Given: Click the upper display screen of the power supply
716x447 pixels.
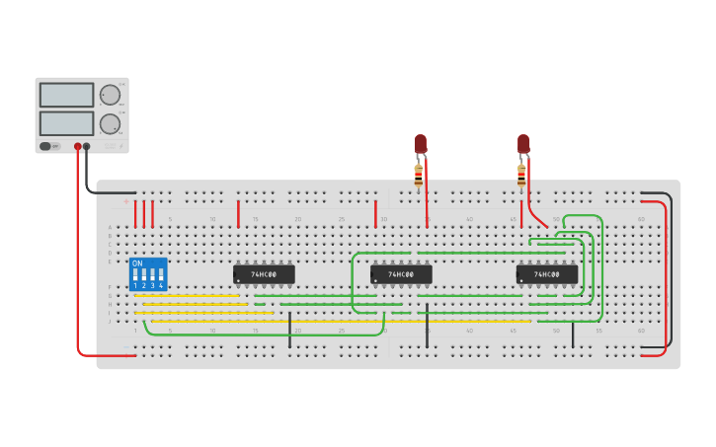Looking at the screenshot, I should [66, 95].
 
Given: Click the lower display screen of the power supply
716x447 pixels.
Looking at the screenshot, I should [66, 123].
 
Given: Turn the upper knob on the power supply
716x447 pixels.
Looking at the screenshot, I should [109, 95].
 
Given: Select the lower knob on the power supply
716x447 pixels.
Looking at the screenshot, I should [109, 123].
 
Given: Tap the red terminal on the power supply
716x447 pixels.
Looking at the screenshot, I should [78, 146].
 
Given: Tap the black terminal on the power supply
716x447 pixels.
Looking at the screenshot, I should [87, 146].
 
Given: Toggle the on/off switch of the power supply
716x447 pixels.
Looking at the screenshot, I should [45, 146].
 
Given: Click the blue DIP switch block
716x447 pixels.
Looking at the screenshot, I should [148, 274].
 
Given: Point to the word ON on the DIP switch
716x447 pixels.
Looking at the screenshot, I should [137, 263].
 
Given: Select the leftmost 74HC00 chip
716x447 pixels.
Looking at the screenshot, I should [264, 274].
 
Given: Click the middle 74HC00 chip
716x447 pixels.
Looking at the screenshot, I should [401, 274].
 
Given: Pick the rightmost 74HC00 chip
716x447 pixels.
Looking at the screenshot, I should [546, 274].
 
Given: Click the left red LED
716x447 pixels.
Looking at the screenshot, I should [421, 144].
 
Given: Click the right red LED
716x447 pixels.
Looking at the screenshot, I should [523, 144].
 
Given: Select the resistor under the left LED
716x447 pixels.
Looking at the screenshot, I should [419, 176].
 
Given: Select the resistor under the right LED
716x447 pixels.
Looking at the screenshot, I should [521, 176].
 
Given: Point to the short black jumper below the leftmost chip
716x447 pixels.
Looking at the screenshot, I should [289, 330].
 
